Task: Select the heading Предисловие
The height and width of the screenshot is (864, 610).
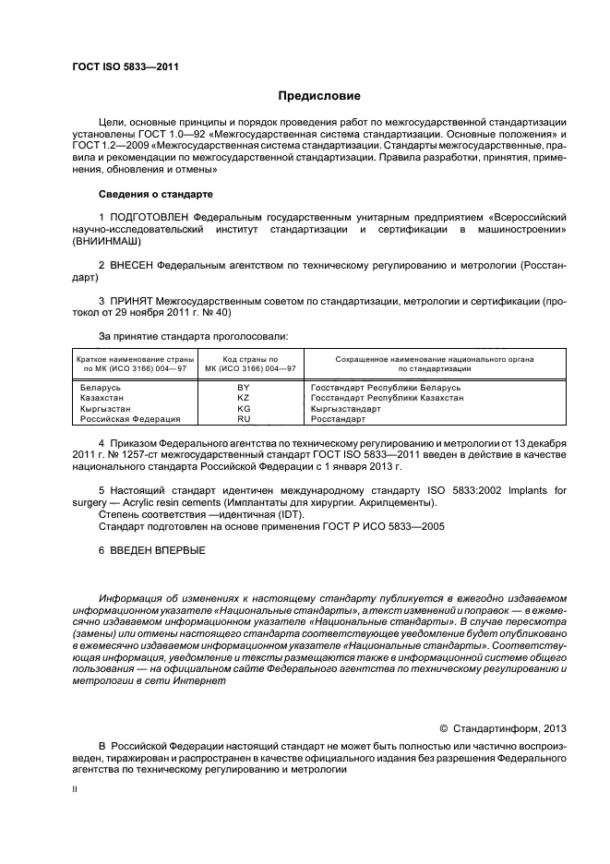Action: pos(319,96)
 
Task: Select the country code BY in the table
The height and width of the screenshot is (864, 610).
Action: pos(244,389)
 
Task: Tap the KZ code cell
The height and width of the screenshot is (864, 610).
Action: pos(244,398)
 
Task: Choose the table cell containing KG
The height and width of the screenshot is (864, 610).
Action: pos(244,408)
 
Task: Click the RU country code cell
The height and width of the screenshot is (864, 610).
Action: pos(244,418)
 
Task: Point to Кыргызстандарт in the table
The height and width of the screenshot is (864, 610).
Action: pos(346,408)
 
